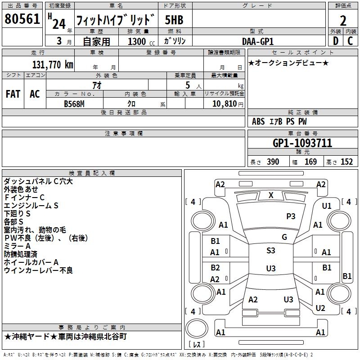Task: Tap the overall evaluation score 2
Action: [343, 21]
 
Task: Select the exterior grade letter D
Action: [335, 40]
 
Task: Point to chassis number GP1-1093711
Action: [302, 143]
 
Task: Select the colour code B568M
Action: [75, 103]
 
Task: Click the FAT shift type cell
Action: [13, 94]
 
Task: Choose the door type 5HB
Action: [174, 20]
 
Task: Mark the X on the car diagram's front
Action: [271, 195]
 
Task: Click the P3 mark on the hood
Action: [291, 216]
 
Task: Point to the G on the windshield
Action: [284, 237]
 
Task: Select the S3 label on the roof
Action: [271, 251]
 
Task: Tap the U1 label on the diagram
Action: [327, 206]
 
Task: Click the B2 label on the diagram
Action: [215, 268]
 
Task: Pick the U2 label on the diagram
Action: [320, 308]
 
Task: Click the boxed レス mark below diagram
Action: [197, 345]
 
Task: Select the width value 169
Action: [311, 162]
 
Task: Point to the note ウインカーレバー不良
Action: [38, 270]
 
